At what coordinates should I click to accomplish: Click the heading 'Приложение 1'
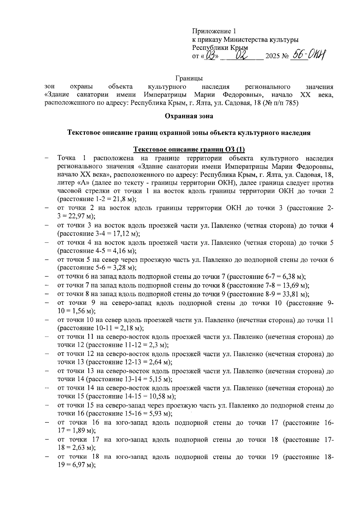214,31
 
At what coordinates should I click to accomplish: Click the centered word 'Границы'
189,79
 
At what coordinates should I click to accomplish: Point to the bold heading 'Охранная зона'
189,116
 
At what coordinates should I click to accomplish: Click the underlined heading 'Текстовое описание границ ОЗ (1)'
189,149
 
